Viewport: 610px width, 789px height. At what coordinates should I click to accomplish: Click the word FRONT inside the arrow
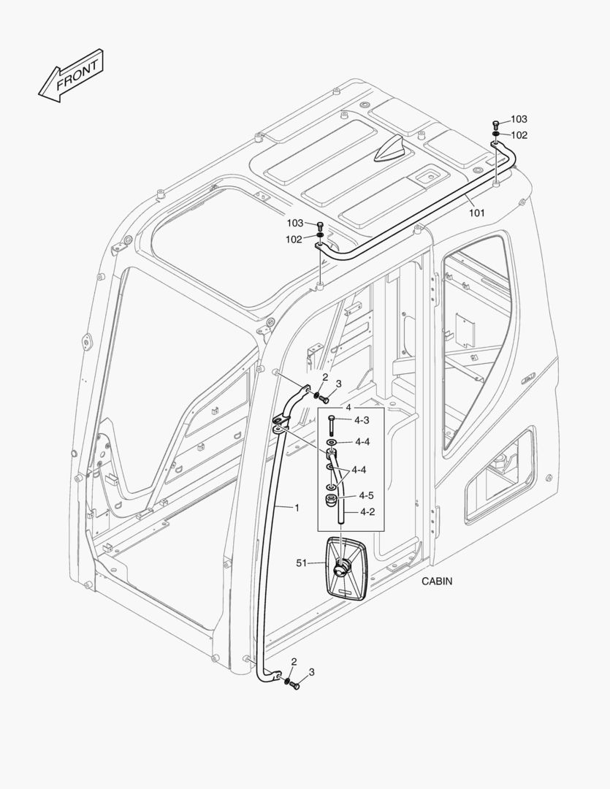[76, 74]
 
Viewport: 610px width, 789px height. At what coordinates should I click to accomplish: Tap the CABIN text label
[437, 582]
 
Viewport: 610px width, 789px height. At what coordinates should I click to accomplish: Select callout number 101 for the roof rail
[476, 213]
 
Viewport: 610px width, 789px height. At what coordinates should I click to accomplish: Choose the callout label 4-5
[366, 496]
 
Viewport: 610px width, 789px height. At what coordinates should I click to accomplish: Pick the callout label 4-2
[366, 512]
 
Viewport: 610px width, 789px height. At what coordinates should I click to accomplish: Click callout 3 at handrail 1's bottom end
[311, 671]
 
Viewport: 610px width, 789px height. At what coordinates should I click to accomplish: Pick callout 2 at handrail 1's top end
[325, 377]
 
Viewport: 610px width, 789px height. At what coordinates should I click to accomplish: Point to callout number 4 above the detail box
[348, 406]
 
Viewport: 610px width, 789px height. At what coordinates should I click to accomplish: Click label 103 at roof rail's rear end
[519, 119]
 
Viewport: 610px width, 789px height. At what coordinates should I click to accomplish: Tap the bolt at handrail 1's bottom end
[295, 686]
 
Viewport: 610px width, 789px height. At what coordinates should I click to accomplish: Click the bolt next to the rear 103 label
[496, 123]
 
